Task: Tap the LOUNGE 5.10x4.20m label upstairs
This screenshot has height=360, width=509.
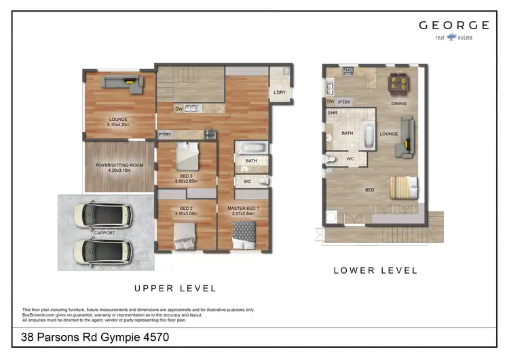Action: (x=118, y=122)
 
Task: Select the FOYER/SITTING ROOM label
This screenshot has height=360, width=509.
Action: (x=119, y=167)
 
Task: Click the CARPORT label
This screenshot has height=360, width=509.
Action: (x=105, y=232)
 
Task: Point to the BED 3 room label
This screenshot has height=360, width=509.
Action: (x=186, y=179)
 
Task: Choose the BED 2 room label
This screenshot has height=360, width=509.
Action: (x=186, y=211)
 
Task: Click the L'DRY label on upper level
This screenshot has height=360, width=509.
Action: (x=278, y=92)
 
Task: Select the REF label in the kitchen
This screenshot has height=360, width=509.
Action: (x=210, y=135)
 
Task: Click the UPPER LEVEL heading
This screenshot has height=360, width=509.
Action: (x=175, y=288)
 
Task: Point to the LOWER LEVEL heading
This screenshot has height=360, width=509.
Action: (x=375, y=270)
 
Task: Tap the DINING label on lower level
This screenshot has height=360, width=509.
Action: (x=399, y=103)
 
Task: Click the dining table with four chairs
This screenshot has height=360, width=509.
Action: (x=398, y=83)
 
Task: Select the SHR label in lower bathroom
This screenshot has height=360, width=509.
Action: (x=333, y=113)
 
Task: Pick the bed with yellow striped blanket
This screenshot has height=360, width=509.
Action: (x=403, y=186)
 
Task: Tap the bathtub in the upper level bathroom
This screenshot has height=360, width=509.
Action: (x=252, y=147)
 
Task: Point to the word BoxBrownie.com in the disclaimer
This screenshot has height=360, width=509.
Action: (x=38, y=314)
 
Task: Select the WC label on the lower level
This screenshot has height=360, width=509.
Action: (x=351, y=159)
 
